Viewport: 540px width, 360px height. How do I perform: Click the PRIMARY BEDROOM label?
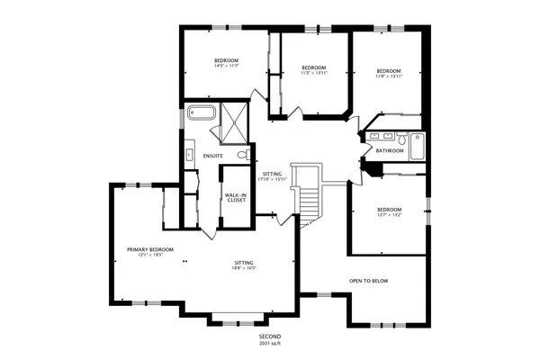[149, 248]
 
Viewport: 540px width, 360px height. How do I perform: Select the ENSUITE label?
[213, 157]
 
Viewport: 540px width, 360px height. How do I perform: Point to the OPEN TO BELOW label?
[369, 281]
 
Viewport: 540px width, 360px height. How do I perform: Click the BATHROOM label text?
[390, 151]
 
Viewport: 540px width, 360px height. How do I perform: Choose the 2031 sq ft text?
[271, 344]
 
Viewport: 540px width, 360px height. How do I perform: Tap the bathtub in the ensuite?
[201, 114]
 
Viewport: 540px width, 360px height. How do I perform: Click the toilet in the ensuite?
[242, 155]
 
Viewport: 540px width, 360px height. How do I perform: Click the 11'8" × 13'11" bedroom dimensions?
[389, 76]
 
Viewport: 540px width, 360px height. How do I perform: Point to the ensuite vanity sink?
[189, 155]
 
